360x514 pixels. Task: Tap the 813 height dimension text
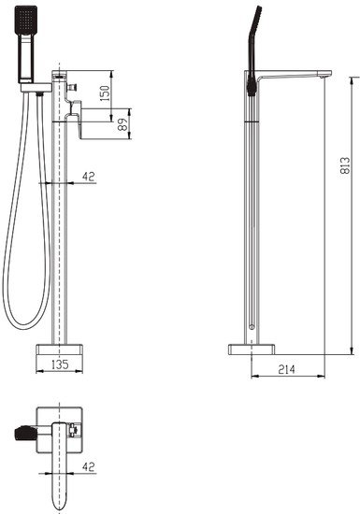click(346, 164)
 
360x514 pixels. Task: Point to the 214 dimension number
click(286, 369)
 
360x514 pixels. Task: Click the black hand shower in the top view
click(28, 435)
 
